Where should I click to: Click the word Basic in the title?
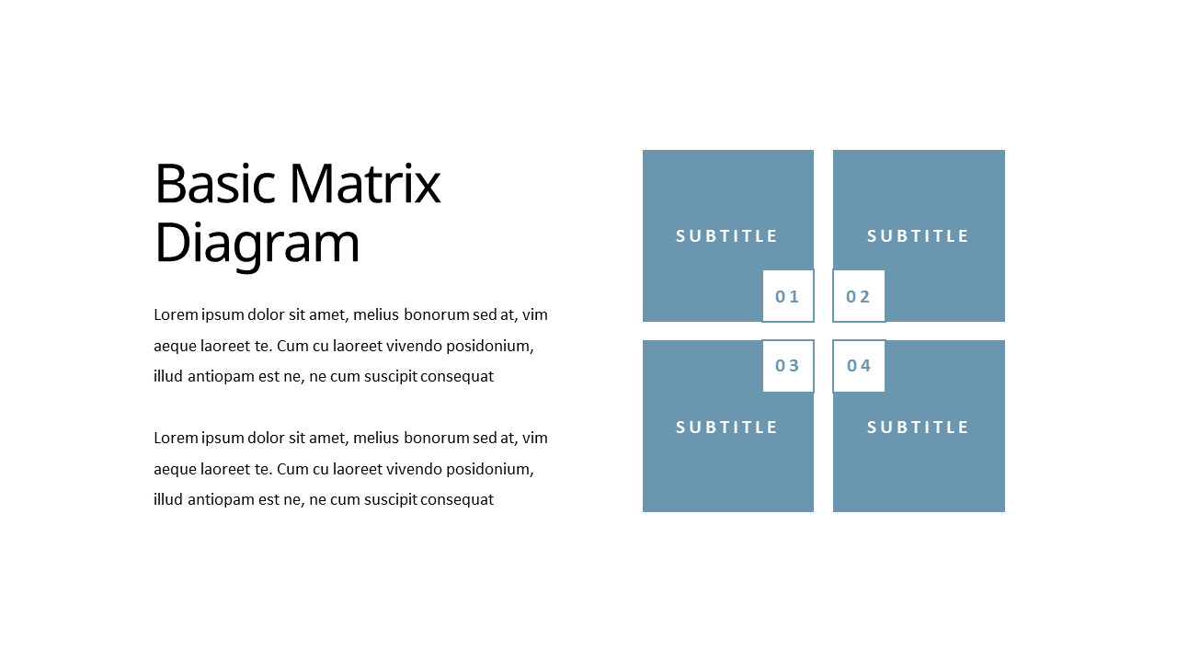(214, 184)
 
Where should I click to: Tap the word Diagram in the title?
(257, 245)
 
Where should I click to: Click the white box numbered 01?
(788, 296)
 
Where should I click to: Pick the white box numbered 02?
(859, 296)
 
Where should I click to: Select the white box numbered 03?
(788, 366)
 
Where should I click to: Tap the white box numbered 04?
(859, 366)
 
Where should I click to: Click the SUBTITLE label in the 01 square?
(727, 236)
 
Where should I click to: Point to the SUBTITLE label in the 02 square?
(919, 236)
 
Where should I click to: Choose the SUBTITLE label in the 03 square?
(727, 428)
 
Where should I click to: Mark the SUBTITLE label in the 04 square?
(919, 428)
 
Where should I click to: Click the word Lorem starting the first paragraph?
(176, 314)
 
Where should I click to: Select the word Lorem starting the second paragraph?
(176, 438)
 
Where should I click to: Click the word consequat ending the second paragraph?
(457, 500)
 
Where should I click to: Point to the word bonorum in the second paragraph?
(437, 438)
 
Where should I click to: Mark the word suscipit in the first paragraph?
(388, 376)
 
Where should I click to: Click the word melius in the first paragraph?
(376, 314)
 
